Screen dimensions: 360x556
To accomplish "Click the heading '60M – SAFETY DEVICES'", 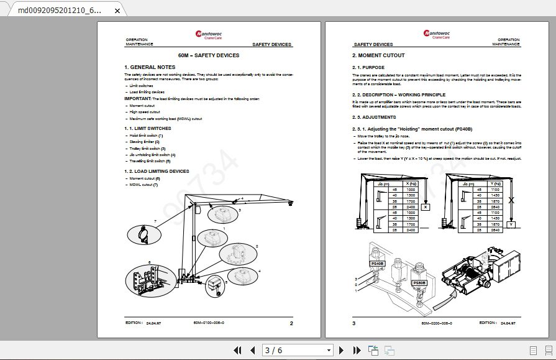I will coord(208,55).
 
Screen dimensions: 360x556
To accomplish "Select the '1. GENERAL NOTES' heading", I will coord(150,67).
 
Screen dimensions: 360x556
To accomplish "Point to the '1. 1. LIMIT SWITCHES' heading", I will coord(147,128).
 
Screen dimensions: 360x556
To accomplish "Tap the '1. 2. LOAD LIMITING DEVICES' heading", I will coord(157,171).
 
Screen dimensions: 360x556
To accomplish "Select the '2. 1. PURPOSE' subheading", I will coord(368,67).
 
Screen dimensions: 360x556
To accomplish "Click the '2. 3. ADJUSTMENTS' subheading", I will coord(374,117).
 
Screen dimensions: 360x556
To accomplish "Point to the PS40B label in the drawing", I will coord(377,263).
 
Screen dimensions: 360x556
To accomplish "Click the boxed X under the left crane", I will coord(425,208).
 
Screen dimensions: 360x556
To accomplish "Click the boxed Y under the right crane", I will coord(511,225).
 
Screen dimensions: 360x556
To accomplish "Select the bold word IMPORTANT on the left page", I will coord(137,99).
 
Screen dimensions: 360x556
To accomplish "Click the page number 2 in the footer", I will coord(291,323).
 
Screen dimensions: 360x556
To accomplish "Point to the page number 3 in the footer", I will coord(354,323).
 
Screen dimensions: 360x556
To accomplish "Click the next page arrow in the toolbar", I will coord(340,351).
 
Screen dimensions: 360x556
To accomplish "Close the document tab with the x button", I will coord(117,11).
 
